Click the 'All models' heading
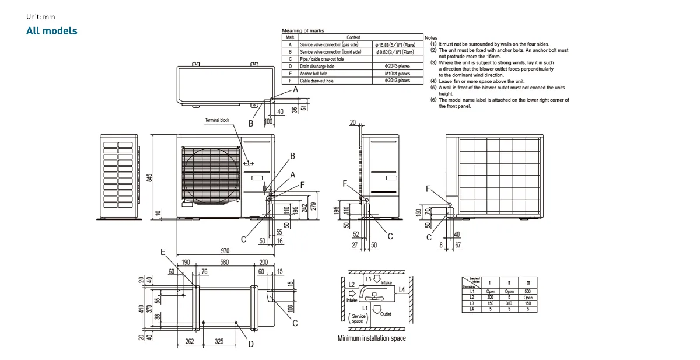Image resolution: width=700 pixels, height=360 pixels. click(51, 30)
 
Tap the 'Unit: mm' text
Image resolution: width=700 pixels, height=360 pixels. click(40, 16)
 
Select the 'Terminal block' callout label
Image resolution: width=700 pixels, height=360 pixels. click(217, 120)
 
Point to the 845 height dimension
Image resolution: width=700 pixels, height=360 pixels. click(149, 177)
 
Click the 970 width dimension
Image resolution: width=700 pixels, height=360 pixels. click(225, 250)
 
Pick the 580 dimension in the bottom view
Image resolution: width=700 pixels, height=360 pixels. click(224, 263)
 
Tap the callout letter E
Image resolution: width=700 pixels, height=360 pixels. click(164, 251)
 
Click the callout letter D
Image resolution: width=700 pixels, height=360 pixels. click(251, 344)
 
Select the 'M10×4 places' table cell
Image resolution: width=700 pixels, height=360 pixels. click(397, 74)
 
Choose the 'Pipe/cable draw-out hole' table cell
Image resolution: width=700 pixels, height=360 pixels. click(321, 59)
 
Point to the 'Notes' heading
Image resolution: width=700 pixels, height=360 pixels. click(431, 37)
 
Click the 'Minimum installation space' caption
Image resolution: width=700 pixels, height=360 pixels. click(372, 338)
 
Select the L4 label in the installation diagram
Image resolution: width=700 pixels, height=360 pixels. click(401, 289)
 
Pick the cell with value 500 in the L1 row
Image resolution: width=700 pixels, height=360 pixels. click(528, 291)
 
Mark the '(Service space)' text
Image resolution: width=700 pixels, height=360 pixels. click(357, 319)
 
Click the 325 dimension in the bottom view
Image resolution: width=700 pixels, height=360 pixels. click(219, 342)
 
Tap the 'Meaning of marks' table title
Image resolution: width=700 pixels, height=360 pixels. click(303, 30)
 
